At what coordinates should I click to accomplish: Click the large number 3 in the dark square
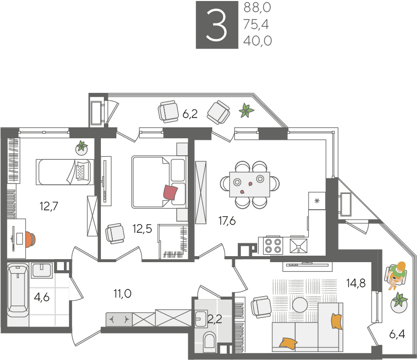coord(216,25)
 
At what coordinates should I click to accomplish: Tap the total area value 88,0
coord(257,7)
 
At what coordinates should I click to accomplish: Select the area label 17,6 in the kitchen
coord(227,221)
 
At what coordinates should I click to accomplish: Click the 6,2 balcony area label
coord(190,114)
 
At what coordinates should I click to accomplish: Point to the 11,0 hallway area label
coord(122,294)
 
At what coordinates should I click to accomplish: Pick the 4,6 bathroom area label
coord(42,297)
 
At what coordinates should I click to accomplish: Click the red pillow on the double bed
coord(170,192)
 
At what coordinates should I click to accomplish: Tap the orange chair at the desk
coord(30,239)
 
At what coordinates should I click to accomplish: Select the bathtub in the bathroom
coord(17,290)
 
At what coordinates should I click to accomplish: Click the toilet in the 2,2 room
coord(209,342)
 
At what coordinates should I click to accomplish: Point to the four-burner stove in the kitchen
coord(273,246)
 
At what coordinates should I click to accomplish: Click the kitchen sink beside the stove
coord(298,245)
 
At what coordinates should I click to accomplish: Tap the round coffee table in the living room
coord(300,305)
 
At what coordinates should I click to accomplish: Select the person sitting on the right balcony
coord(396,276)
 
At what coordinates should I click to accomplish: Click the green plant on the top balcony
coord(246,110)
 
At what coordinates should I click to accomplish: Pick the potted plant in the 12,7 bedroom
coord(81,148)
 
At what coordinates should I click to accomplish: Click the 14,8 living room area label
coord(356,283)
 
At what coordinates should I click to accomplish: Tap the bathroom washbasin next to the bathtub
coord(42,270)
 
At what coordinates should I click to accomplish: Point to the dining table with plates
coord(250,184)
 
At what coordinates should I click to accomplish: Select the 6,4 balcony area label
coord(397,334)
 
